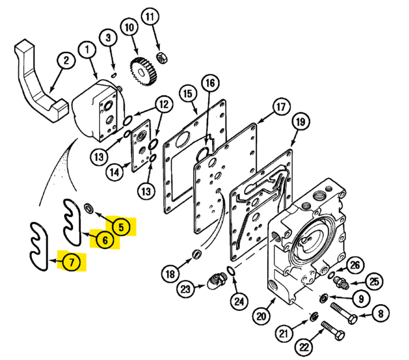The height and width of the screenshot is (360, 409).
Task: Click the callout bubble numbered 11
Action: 150,16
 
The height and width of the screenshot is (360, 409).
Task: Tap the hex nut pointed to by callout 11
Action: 162,57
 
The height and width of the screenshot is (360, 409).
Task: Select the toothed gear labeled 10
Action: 144,71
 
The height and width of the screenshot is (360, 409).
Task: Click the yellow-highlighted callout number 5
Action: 121,227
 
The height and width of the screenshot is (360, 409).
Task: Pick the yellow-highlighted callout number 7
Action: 72,261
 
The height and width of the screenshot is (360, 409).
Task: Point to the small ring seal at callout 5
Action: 88,208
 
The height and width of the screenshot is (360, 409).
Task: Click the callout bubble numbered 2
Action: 66,60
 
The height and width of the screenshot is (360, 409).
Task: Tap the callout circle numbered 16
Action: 210,83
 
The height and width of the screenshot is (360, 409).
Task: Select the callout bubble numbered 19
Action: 301,122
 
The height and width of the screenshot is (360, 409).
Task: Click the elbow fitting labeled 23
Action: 217,280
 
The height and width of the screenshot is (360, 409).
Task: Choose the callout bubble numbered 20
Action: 261,316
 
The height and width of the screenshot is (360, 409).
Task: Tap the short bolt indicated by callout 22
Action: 333,330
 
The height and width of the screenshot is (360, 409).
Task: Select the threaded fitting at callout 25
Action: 342,283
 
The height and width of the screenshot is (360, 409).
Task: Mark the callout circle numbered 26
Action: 355,265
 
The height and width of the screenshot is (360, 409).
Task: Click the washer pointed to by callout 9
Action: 324,298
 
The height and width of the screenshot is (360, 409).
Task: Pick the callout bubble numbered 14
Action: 115,172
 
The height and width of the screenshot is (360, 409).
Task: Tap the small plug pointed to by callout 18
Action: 197,254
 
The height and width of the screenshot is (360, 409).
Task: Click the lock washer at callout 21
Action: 314,317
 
